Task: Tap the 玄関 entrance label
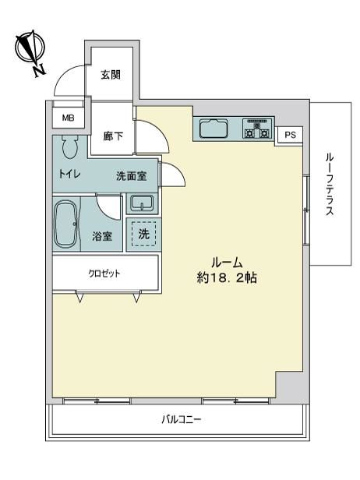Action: click(111, 75)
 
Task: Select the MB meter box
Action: click(68, 118)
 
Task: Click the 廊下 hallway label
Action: click(113, 136)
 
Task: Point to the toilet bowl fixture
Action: click(70, 147)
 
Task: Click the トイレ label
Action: click(69, 175)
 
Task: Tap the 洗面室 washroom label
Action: click(132, 176)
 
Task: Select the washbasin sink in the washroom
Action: click(142, 203)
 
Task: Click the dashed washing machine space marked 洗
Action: click(143, 234)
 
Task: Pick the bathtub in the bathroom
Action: click(66, 224)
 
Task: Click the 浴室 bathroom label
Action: click(102, 236)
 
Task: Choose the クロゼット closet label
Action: click(104, 274)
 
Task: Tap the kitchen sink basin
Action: click(214, 129)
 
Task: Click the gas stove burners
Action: click(258, 129)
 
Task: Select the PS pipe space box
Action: click(290, 135)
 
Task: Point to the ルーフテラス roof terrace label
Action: click(330, 185)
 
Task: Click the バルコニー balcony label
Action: click(182, 419)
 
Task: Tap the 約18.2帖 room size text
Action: click(227, 277)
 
